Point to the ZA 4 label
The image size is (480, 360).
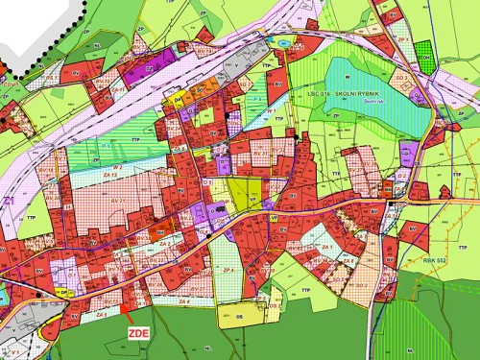tap(177, 302)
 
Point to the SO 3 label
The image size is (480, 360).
tap(400, 74)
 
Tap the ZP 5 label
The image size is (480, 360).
tap(403, 40)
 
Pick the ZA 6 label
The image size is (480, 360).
tap(349, 260)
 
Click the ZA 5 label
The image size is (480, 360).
tap(98, 314)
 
